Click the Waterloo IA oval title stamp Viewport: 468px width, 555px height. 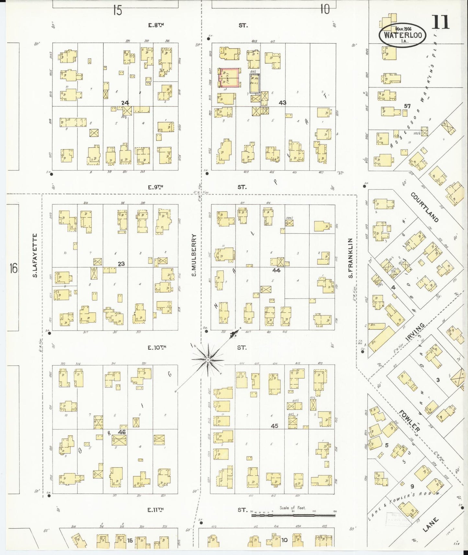[402, 35]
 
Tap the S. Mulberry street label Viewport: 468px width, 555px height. [194, 255]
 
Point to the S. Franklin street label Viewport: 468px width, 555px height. [350, 258]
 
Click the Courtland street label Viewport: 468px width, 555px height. [425, 207]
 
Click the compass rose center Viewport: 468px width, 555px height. [208, 360]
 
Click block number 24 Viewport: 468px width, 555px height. [125, 103]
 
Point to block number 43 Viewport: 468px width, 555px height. [282, 103]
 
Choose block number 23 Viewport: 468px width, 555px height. [121, 264]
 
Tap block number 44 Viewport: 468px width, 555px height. [276, 270]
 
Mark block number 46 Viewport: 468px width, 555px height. [122, 432]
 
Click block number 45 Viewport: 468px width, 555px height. [274, 426]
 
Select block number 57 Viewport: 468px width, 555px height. [407, 106]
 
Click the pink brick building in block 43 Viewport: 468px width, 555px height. [230, 78]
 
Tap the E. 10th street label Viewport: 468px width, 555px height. [157, 348]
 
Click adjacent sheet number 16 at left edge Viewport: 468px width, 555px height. [13, 268]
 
